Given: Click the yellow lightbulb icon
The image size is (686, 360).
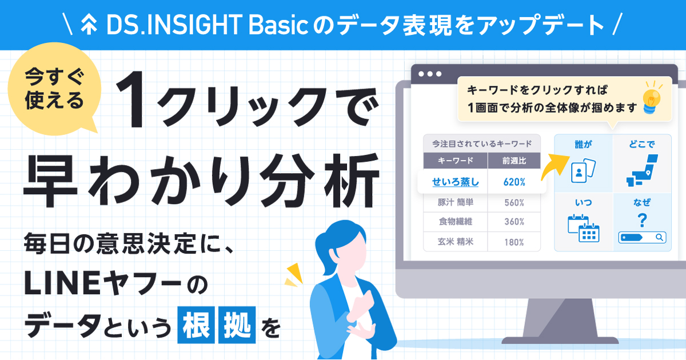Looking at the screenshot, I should pyautogui.click(x=652, y=99).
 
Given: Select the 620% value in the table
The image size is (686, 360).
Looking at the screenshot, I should pyautogui.click(x=514, y=182).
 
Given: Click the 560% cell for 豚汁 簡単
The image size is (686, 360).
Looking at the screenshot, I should pyautogui.click(x=514, y=202).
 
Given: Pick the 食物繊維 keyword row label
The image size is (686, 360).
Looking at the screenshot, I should pyautogui.click(x=456, y=222).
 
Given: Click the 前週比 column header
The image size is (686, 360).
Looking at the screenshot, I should pyautogui.click(x=514, y=161).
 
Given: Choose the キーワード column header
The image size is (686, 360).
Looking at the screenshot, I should pyautogui.click(x=456, y=161).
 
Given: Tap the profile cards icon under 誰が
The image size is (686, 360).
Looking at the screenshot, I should pyautogui.click(x=583, y=170).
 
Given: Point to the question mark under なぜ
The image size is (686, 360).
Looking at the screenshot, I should pyautogui.click(x=642, y=220).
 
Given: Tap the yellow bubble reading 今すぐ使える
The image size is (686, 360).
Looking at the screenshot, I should pyautogui.click(x=54, y=91).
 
